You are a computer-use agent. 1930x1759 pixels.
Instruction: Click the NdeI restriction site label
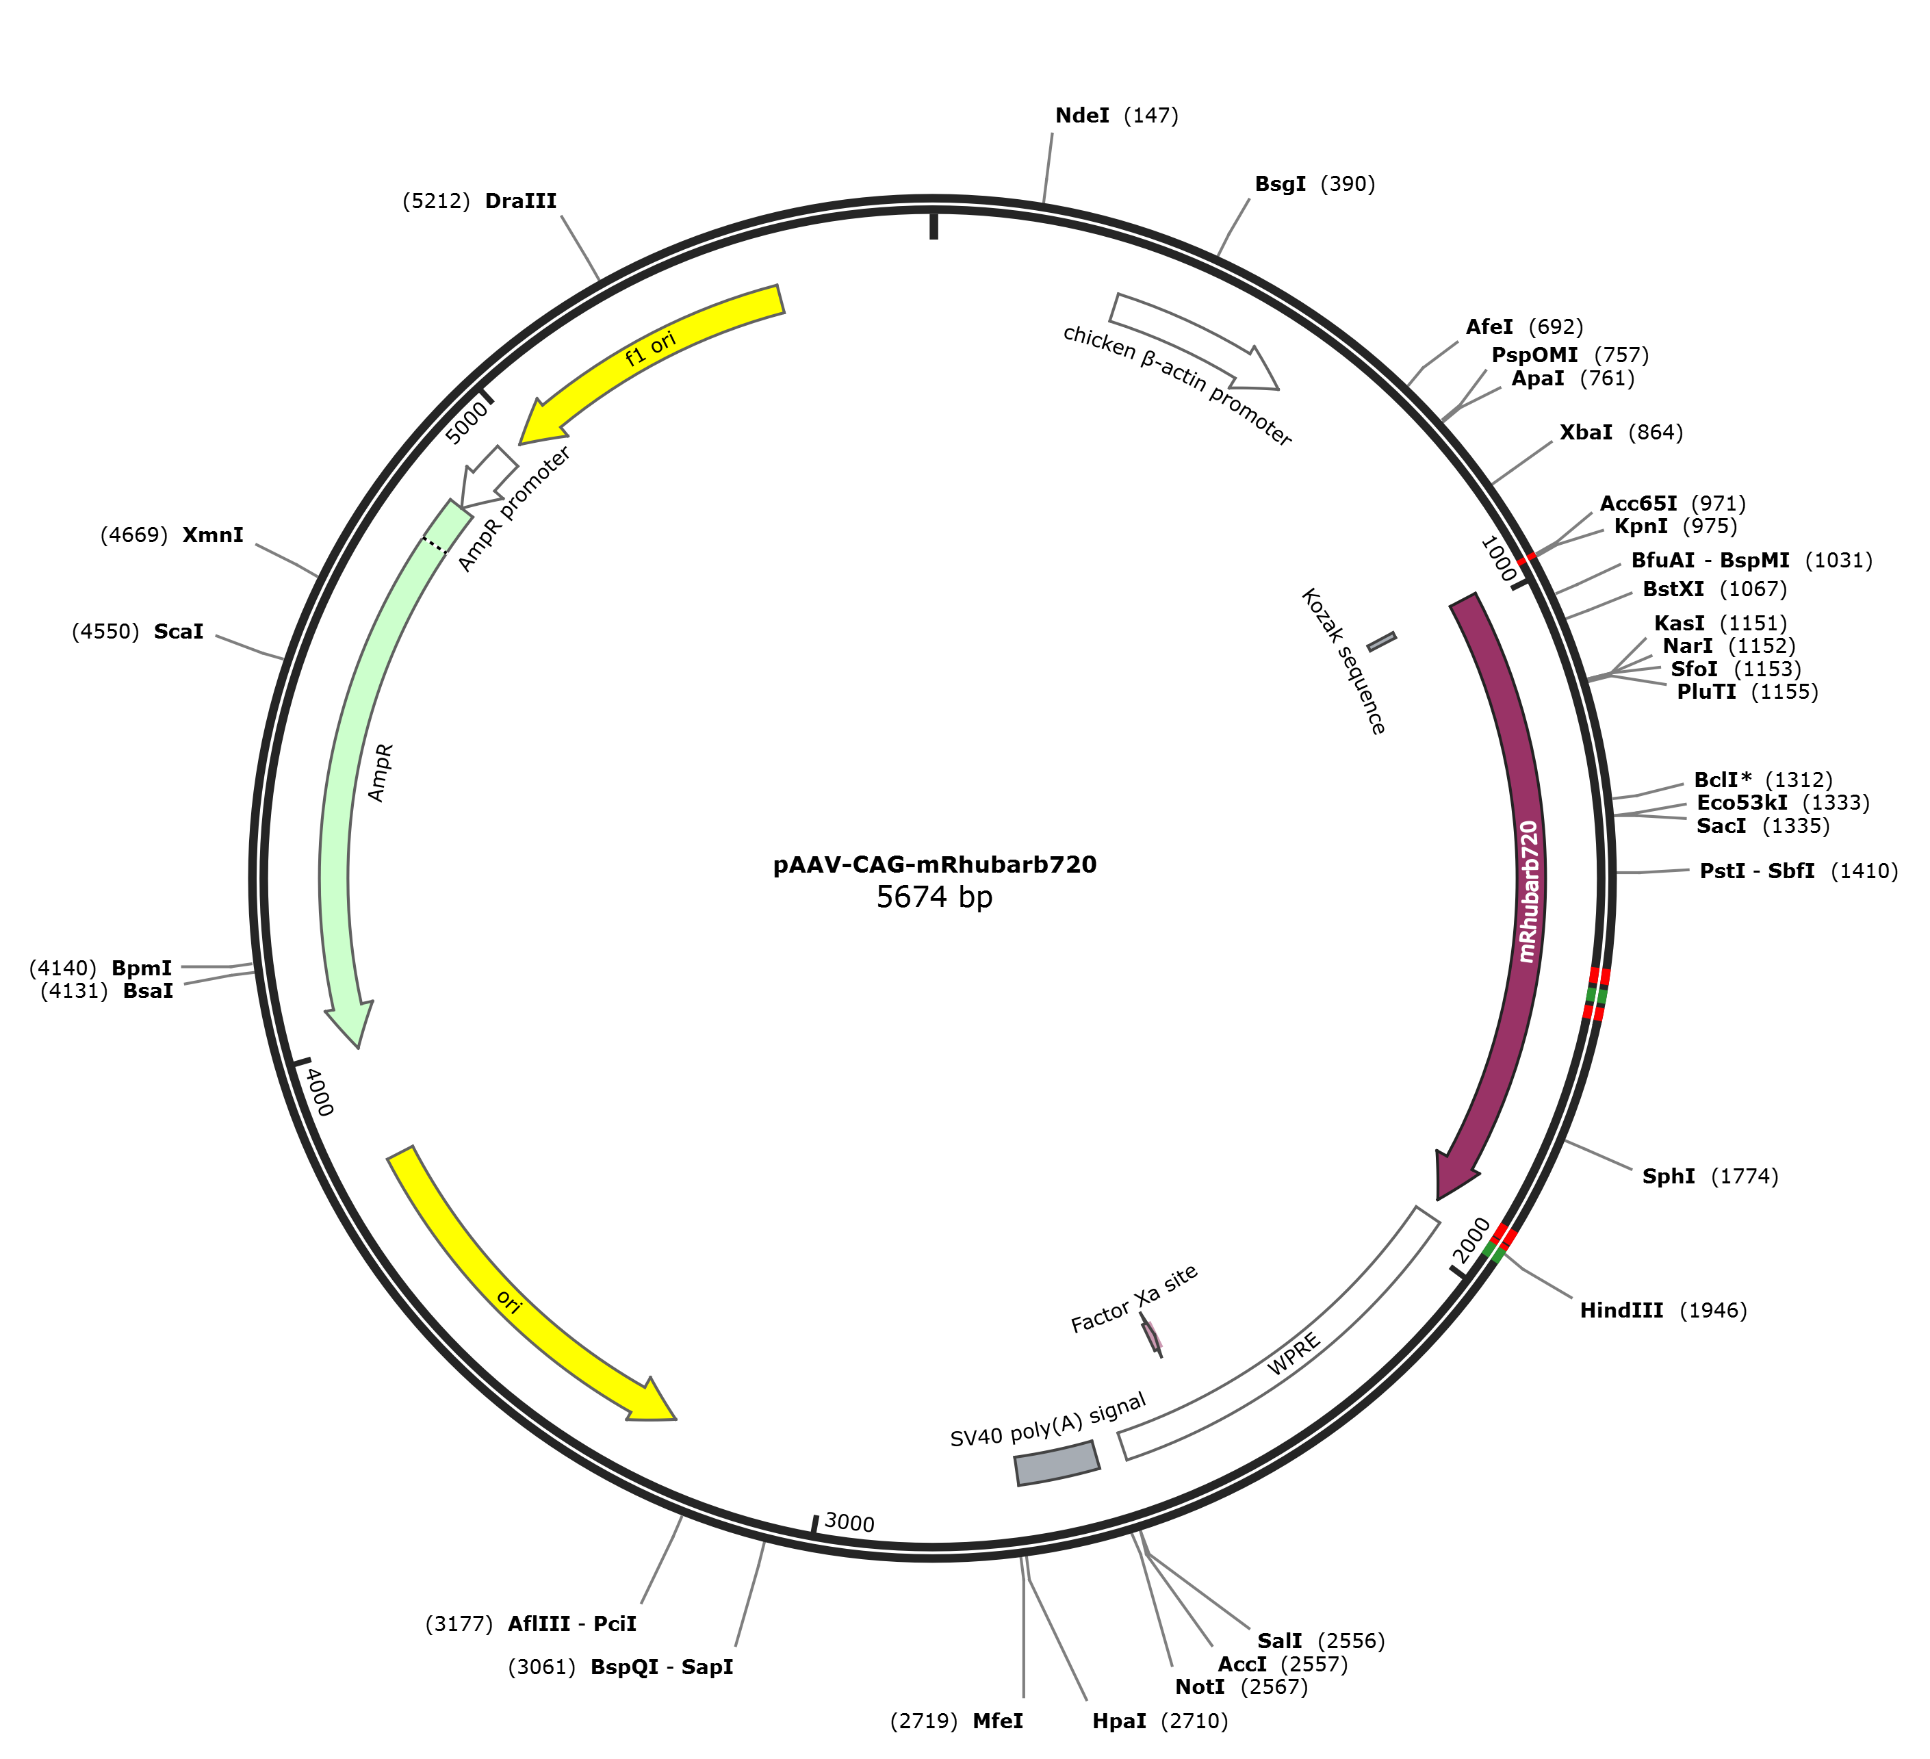1082,116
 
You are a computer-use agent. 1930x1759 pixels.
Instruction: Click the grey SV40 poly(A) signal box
1057,1463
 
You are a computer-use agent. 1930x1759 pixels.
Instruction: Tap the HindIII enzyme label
1621,1310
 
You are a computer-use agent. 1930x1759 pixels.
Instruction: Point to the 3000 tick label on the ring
849,1522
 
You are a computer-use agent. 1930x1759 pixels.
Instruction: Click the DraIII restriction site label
521,201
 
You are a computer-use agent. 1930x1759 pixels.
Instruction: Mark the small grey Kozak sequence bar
1381,641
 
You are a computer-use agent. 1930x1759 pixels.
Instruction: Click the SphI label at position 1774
1669,1176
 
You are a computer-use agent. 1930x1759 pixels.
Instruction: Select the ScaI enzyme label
179,632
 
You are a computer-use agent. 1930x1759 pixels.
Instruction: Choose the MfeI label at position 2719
998,1721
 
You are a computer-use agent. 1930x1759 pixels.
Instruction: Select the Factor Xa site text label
1135,1299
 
